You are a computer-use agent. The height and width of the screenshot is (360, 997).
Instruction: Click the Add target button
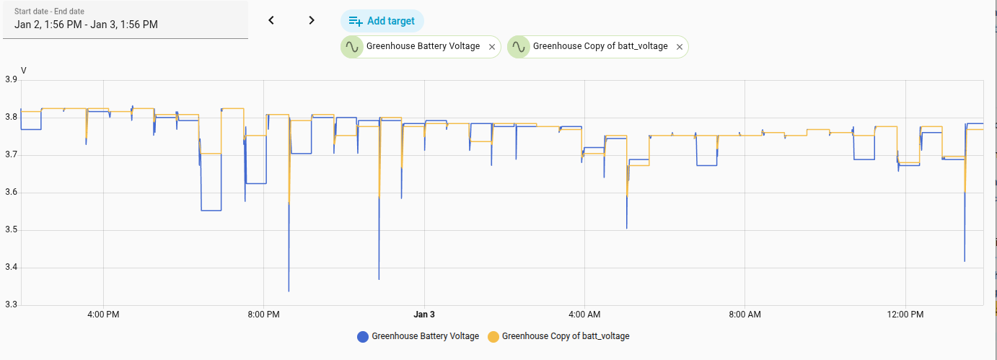(x=382, y=21)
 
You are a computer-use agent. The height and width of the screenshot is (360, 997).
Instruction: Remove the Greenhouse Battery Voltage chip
(x=491, y=47)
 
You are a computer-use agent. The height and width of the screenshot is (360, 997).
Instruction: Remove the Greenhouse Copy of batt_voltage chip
(x=679, y=47)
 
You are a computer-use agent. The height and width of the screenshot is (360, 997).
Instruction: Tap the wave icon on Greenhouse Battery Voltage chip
(x=352, y=47)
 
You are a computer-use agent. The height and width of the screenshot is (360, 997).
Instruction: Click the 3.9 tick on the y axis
(x=11, y=80)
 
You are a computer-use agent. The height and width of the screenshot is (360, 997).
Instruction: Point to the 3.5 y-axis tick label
(x=11, y=230)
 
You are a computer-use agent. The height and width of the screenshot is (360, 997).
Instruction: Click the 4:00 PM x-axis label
(x=103, y=315)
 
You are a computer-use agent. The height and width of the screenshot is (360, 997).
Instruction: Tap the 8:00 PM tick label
(x=263, y=315)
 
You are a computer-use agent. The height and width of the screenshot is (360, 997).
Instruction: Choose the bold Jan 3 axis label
(x=424, y=315)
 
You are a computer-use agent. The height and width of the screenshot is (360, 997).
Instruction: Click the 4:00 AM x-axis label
(x=584, y=315)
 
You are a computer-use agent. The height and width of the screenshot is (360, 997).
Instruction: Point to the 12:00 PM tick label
(x=905, y=315)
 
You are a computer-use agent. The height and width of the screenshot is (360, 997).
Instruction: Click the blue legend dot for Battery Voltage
(x=363, y=336)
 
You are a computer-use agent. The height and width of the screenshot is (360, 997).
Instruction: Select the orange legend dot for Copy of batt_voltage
(x=493, y=336)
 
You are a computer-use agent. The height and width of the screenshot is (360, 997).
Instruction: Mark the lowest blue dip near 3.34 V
(x=289, y=291)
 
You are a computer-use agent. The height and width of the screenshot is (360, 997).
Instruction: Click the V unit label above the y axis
(x=24, y=70)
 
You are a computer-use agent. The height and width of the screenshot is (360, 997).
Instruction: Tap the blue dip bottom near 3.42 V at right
(x=965, y=260)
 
